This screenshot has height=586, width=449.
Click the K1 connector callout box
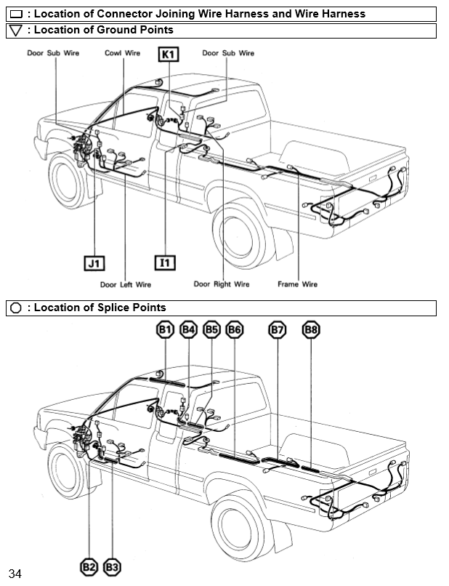[x=169, y=55]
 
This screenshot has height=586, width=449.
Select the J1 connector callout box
[x=94, y=262]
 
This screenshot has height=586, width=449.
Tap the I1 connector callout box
[x=166, y=262]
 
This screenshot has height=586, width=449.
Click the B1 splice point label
[x=166, y=330]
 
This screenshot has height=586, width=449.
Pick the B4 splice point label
[x=189, y=330]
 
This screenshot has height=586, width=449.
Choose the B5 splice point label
[x=211, y=330]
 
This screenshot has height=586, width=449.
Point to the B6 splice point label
[x=235, y=330]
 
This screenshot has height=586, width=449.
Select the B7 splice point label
[x=277, y=330]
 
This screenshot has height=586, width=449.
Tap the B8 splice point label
[x=311, y=330]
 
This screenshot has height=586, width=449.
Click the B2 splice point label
[x=89, y=566]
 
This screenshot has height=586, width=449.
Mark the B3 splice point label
[x=112, y=566]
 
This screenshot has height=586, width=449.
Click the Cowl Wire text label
[x=122, y=53]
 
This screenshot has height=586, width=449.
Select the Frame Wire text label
[x=298, y=284]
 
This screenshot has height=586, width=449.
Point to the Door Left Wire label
[x=126, y=284]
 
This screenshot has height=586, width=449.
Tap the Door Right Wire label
[x=222, y=284]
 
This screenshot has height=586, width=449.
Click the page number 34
[x=15, y=574]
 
